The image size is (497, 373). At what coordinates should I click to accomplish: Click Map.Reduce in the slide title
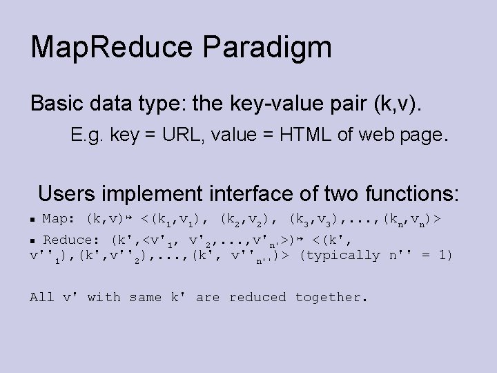[110, 48]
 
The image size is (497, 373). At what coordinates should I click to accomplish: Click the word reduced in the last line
[257, 297]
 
